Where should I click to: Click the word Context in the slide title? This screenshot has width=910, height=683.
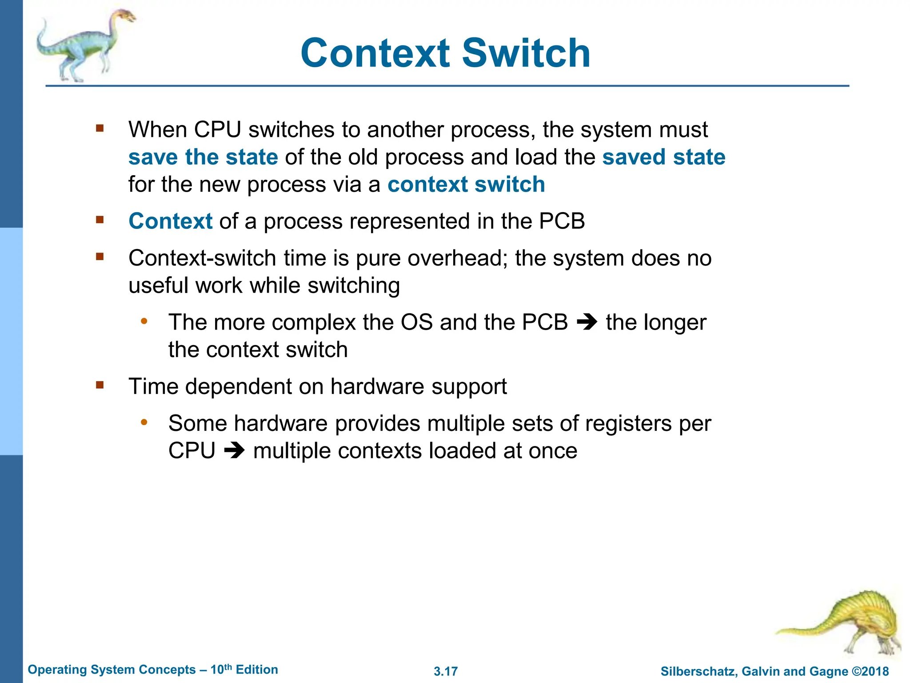click(x=375, y=53)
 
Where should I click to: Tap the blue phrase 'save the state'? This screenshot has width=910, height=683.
click(x=203, y=157)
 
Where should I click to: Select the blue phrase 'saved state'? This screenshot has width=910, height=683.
click(x=663, y=157)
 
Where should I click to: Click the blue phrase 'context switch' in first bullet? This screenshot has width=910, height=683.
click(x=466, y=184)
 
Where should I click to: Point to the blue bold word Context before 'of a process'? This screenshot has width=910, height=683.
click(x=171, y=221)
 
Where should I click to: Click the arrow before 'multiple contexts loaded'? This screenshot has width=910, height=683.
click(x=234, y=451)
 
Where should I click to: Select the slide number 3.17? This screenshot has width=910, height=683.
click(x=446, y=671)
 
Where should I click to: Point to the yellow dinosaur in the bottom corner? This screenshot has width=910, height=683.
click(x=844, y=623)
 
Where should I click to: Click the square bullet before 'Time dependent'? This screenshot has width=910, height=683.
click(x=100, y=385)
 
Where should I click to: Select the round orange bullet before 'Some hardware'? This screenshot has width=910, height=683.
click(x=144, y=422)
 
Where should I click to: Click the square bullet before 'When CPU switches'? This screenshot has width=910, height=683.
click(x=100, y=129)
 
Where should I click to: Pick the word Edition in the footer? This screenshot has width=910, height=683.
click(x=257, y=670)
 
